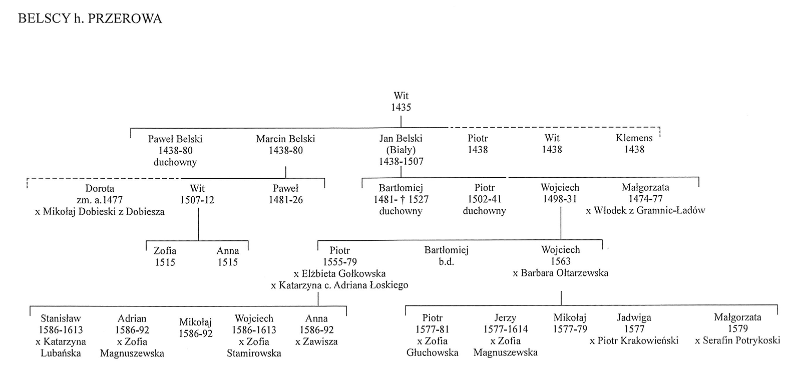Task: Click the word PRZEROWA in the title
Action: click(125, 19)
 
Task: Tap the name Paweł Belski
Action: click(175, 139)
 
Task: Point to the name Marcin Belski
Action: click(285, 139)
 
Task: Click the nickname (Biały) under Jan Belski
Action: click(401, 150)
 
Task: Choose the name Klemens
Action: click(634, 138)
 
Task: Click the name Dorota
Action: click(100, 188)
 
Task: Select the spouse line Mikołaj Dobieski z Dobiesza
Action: click(100, 212)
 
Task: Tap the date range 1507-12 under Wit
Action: click(197, 200)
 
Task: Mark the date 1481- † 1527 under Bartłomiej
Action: click(401, 199)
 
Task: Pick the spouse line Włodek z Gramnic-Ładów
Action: click(645, 211)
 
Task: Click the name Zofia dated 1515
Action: click(165, 251)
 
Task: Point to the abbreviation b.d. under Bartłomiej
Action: click(446, 261)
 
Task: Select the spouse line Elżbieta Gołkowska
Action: click(340, 274)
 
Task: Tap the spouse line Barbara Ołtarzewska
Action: click(561, 273)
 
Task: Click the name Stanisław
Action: click(61, 318)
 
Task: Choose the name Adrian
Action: click(132, 318)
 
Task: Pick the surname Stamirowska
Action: click(254, 353)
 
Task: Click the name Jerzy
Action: click(505, 317)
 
